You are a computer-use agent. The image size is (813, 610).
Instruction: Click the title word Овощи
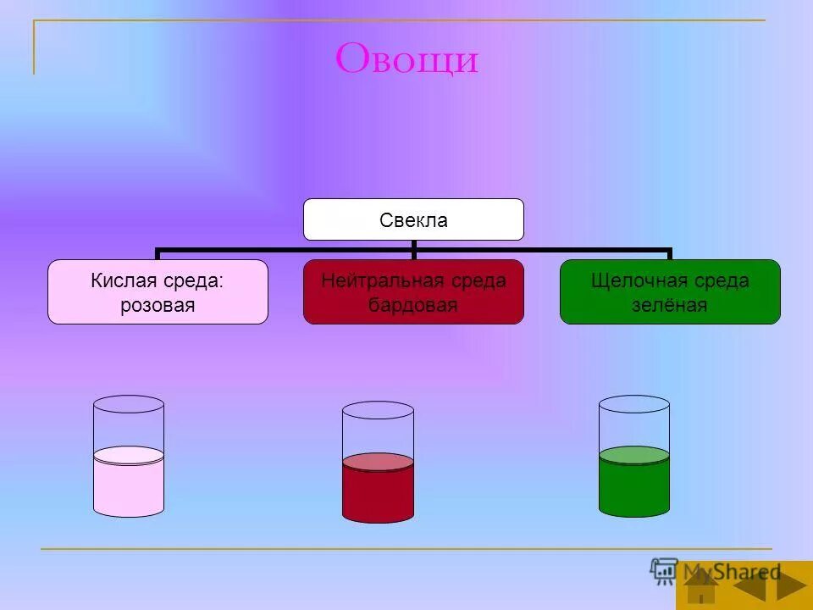(x=406, y=59)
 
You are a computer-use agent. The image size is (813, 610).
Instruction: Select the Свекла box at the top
(x=413, y=220)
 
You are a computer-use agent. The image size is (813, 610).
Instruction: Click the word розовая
(x=158, y=305)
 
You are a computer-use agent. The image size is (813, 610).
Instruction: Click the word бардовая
(x=413, y=305)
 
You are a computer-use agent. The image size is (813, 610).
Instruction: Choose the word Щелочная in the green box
(x=637, y=280)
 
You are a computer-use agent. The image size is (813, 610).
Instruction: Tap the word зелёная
(x=669, y=305)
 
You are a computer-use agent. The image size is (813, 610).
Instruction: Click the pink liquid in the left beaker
(x=128, y=490)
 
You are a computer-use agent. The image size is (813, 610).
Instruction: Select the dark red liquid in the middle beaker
(x=378, y=496)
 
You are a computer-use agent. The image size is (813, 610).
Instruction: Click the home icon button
(x=702, y=586)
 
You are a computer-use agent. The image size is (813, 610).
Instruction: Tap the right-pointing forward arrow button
(x=791, y=586)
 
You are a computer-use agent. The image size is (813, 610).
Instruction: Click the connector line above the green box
(x=669, y=253)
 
